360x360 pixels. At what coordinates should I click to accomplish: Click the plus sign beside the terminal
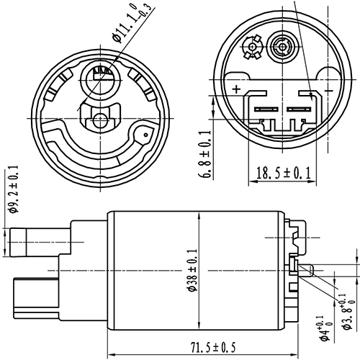[x=236, y=90]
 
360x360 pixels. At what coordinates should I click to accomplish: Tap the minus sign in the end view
[x=329, y=90]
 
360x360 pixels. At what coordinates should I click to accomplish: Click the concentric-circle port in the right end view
[x=279, y=49]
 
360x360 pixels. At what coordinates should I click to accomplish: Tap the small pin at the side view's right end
[x=307, y=271]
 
